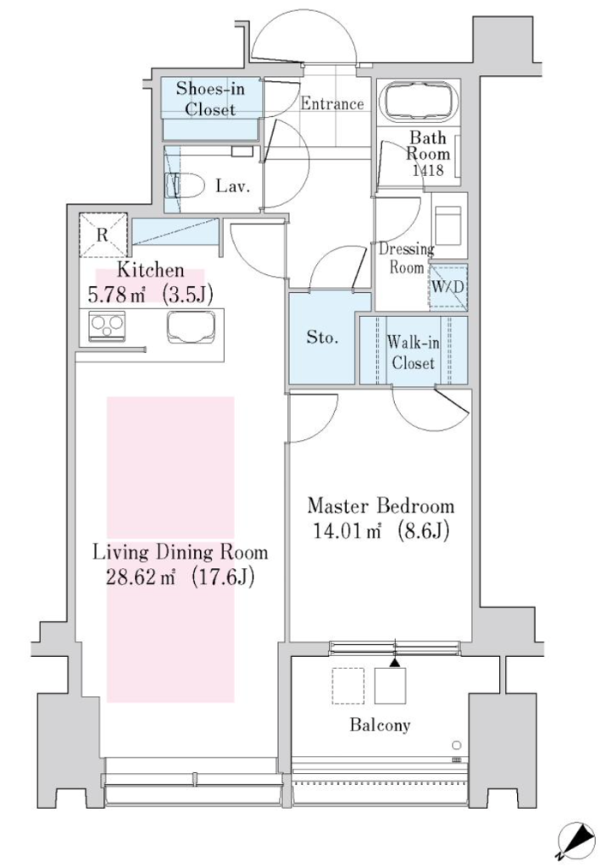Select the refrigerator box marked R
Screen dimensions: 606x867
point(103,235)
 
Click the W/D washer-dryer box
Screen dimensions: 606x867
point(448,287)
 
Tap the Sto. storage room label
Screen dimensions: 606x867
point(322,337)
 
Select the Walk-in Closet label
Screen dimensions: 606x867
point(413,352)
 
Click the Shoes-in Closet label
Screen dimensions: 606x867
point(210,98)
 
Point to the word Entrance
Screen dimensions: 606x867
point(332,104)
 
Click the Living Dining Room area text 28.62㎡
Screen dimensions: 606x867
point(142,577)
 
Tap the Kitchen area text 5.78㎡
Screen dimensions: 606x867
point(116,295)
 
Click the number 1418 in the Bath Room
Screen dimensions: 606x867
point(428,169)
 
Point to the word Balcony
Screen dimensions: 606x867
point(381,725)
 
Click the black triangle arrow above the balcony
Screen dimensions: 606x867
point(395,662)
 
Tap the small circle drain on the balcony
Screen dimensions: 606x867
point(456,744)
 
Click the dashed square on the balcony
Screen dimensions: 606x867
point(348,686)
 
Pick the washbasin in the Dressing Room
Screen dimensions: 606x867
point(449,225)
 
